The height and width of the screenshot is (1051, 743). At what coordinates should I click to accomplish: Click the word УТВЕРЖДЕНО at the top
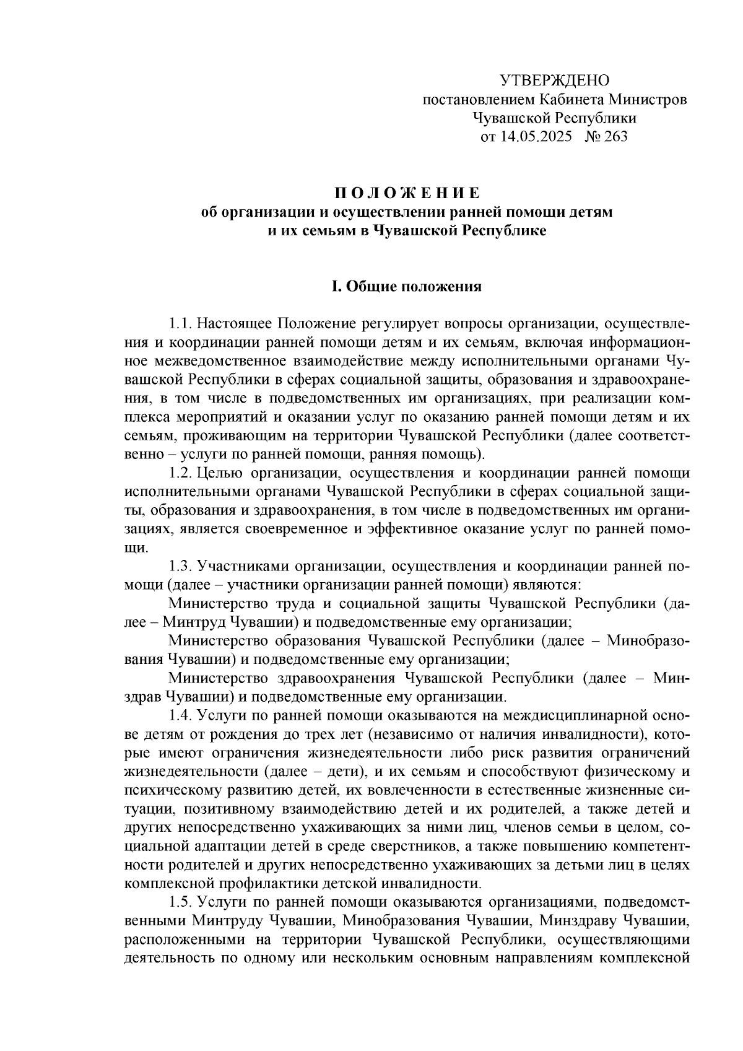pyautogui.click(x=554, y=81)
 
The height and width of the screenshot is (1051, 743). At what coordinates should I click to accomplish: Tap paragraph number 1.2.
pyautogui.click(x=180, y=474)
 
